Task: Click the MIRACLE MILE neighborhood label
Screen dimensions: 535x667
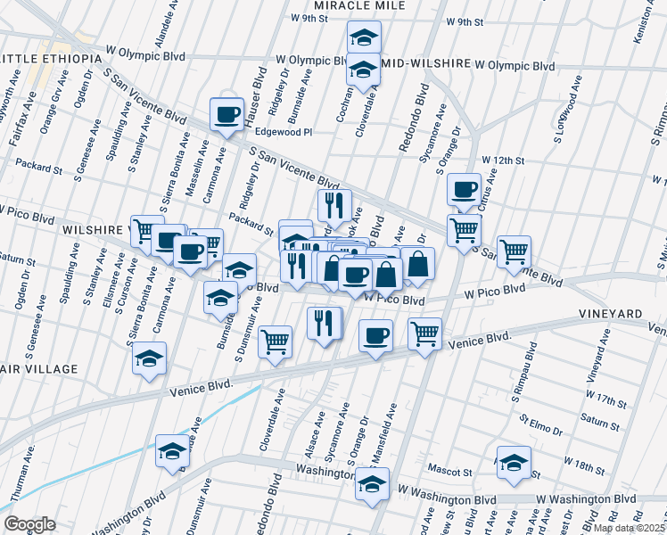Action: [x=359, y=5]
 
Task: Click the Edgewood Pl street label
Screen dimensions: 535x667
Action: [x=283, y=131]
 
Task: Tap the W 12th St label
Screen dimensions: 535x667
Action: [x=503, y=159]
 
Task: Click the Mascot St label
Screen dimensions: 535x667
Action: [x=450, y=470]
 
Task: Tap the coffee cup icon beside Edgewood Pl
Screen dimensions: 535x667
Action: [x=226, y=113]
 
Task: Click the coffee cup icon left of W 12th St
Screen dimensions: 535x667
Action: [x=464, y=189]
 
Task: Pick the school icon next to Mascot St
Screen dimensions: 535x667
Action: [x=514, y=462]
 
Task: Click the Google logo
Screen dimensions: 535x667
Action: [x=29, y=524]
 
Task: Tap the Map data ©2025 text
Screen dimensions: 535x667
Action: [x=628, y=528]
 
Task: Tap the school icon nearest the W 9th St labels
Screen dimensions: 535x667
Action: [x=363, y=37]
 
